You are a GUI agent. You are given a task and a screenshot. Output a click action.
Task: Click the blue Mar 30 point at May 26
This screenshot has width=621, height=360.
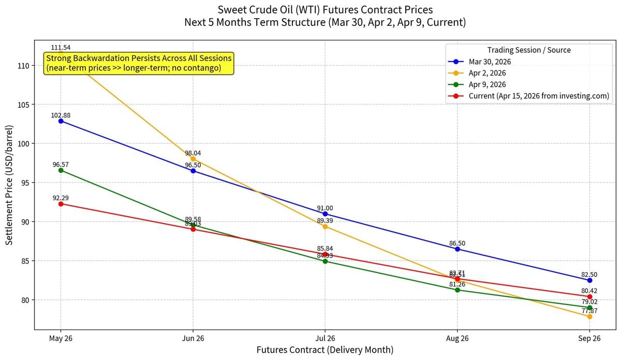point(61,121)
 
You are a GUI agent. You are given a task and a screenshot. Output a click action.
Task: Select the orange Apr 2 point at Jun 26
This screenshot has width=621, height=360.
point(193,159)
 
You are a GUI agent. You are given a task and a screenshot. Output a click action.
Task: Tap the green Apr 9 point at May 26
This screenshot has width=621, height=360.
point(61,170)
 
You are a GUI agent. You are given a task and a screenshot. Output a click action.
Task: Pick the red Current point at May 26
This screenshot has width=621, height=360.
point(61,204)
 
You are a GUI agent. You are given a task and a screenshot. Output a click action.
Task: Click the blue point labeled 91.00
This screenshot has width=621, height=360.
point(325,214)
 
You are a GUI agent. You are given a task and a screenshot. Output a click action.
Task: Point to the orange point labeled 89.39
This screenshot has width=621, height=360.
point(325,227)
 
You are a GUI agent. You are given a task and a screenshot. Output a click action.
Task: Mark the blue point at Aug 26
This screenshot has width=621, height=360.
point(457,249)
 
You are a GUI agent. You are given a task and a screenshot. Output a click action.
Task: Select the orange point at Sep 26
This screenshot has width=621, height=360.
point(589,316)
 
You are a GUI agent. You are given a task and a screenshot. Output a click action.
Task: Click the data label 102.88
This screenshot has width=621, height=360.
point(61,115)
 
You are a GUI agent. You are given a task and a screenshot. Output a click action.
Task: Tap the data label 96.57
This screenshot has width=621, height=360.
point(61,164)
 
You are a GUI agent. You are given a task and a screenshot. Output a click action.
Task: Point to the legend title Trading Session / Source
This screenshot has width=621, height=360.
point(529,50)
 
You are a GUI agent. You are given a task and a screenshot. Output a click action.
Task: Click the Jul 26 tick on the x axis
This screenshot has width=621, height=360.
point(325,338)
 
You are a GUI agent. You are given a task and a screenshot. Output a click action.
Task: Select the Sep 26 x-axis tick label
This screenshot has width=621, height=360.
point(589,338)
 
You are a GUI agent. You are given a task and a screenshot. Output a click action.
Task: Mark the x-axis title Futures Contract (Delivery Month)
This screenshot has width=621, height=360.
point(325,350)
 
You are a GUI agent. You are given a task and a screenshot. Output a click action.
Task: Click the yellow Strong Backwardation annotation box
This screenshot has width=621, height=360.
point(139,64)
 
